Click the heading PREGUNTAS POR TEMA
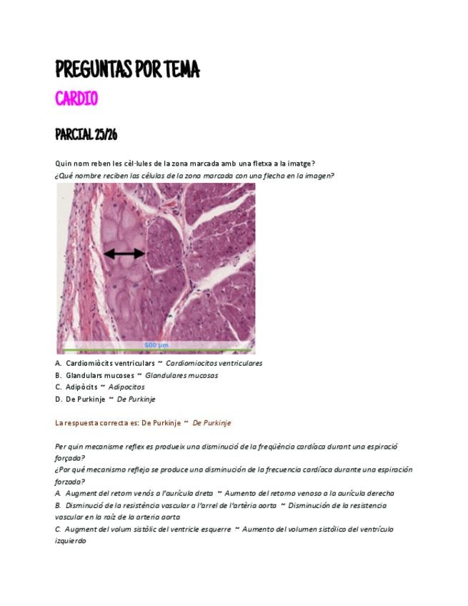127,70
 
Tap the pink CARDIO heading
76,99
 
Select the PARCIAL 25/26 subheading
86,135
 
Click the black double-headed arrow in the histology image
124,253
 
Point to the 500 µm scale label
156,345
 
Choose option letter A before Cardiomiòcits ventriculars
58,363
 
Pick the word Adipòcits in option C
81,387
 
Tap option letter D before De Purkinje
58,399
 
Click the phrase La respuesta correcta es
96,423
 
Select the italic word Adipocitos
126,387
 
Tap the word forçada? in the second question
70,458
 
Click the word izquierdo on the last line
71,541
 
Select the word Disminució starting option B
86,505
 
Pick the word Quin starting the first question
63,164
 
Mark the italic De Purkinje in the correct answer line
211,423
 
